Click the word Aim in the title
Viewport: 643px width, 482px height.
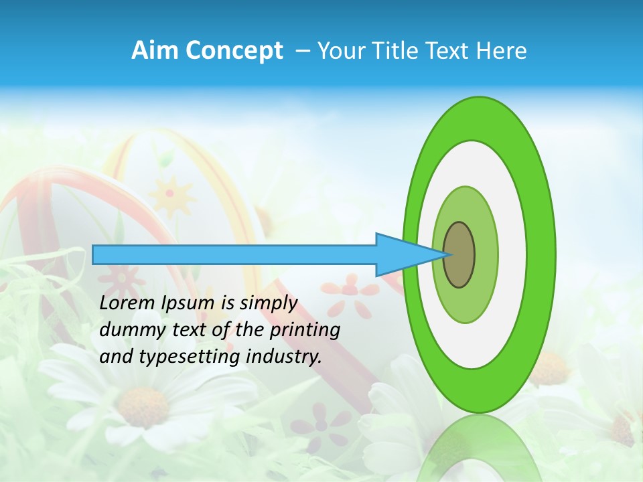[153, 51]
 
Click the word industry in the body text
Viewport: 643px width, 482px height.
[284, 357]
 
